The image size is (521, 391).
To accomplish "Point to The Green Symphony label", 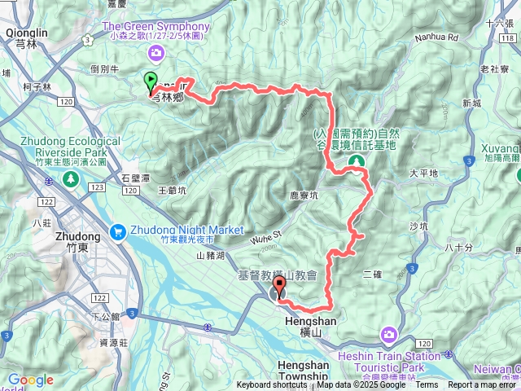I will coord(155,26).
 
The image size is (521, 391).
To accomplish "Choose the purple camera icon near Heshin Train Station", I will coord(389,334).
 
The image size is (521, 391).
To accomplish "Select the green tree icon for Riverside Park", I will coord(72,178).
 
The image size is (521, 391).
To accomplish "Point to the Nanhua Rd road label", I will coord(436,37).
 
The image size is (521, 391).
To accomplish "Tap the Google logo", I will coord(30,380).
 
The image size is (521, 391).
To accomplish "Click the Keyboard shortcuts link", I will coord(272,385).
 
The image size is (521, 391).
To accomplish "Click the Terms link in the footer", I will coord(427,385).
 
